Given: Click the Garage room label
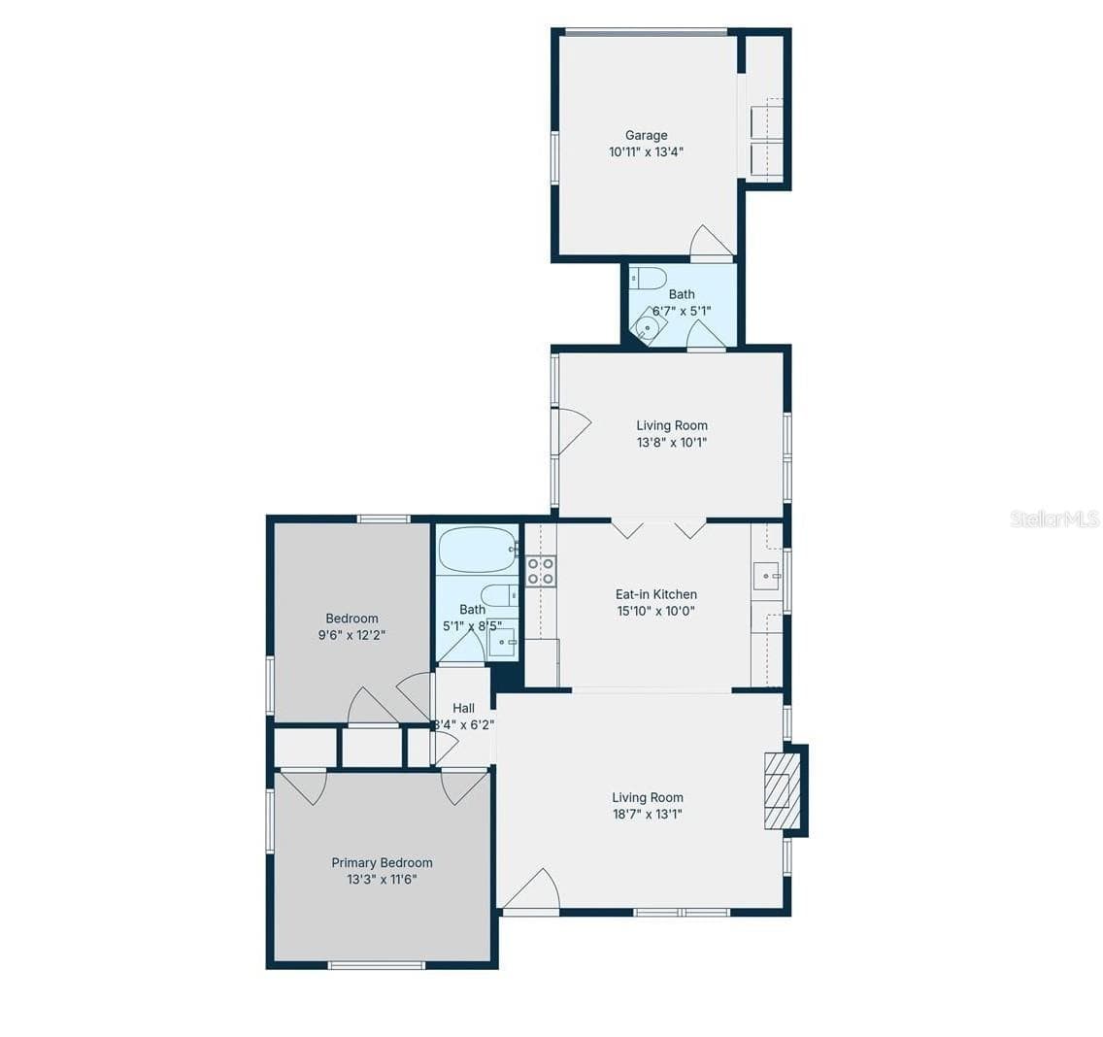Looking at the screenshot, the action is (646, 135).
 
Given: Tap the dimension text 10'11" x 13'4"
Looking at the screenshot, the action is (646, 152).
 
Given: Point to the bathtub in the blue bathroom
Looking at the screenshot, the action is (478, 550).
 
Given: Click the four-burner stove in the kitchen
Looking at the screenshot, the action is (541, 571).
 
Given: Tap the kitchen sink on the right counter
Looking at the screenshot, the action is (767, 576).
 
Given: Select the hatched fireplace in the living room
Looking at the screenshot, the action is (783, 790).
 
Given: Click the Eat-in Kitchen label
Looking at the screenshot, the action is (655, 594).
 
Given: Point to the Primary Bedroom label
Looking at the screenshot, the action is (382, 862).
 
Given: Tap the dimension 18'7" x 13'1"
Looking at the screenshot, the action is (648, 815).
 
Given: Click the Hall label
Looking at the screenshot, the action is (463, 709).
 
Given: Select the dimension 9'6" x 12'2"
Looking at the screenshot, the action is (351, 635).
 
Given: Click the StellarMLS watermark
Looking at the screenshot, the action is (1054, 519).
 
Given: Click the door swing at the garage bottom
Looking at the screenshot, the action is (713, 242).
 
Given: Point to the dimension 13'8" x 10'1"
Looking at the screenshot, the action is (672, 443).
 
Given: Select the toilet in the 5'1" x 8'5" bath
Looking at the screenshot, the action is (500, 596).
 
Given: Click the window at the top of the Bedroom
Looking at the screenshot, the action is (384, 519).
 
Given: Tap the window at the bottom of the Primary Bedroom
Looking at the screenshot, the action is (377, 965).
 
